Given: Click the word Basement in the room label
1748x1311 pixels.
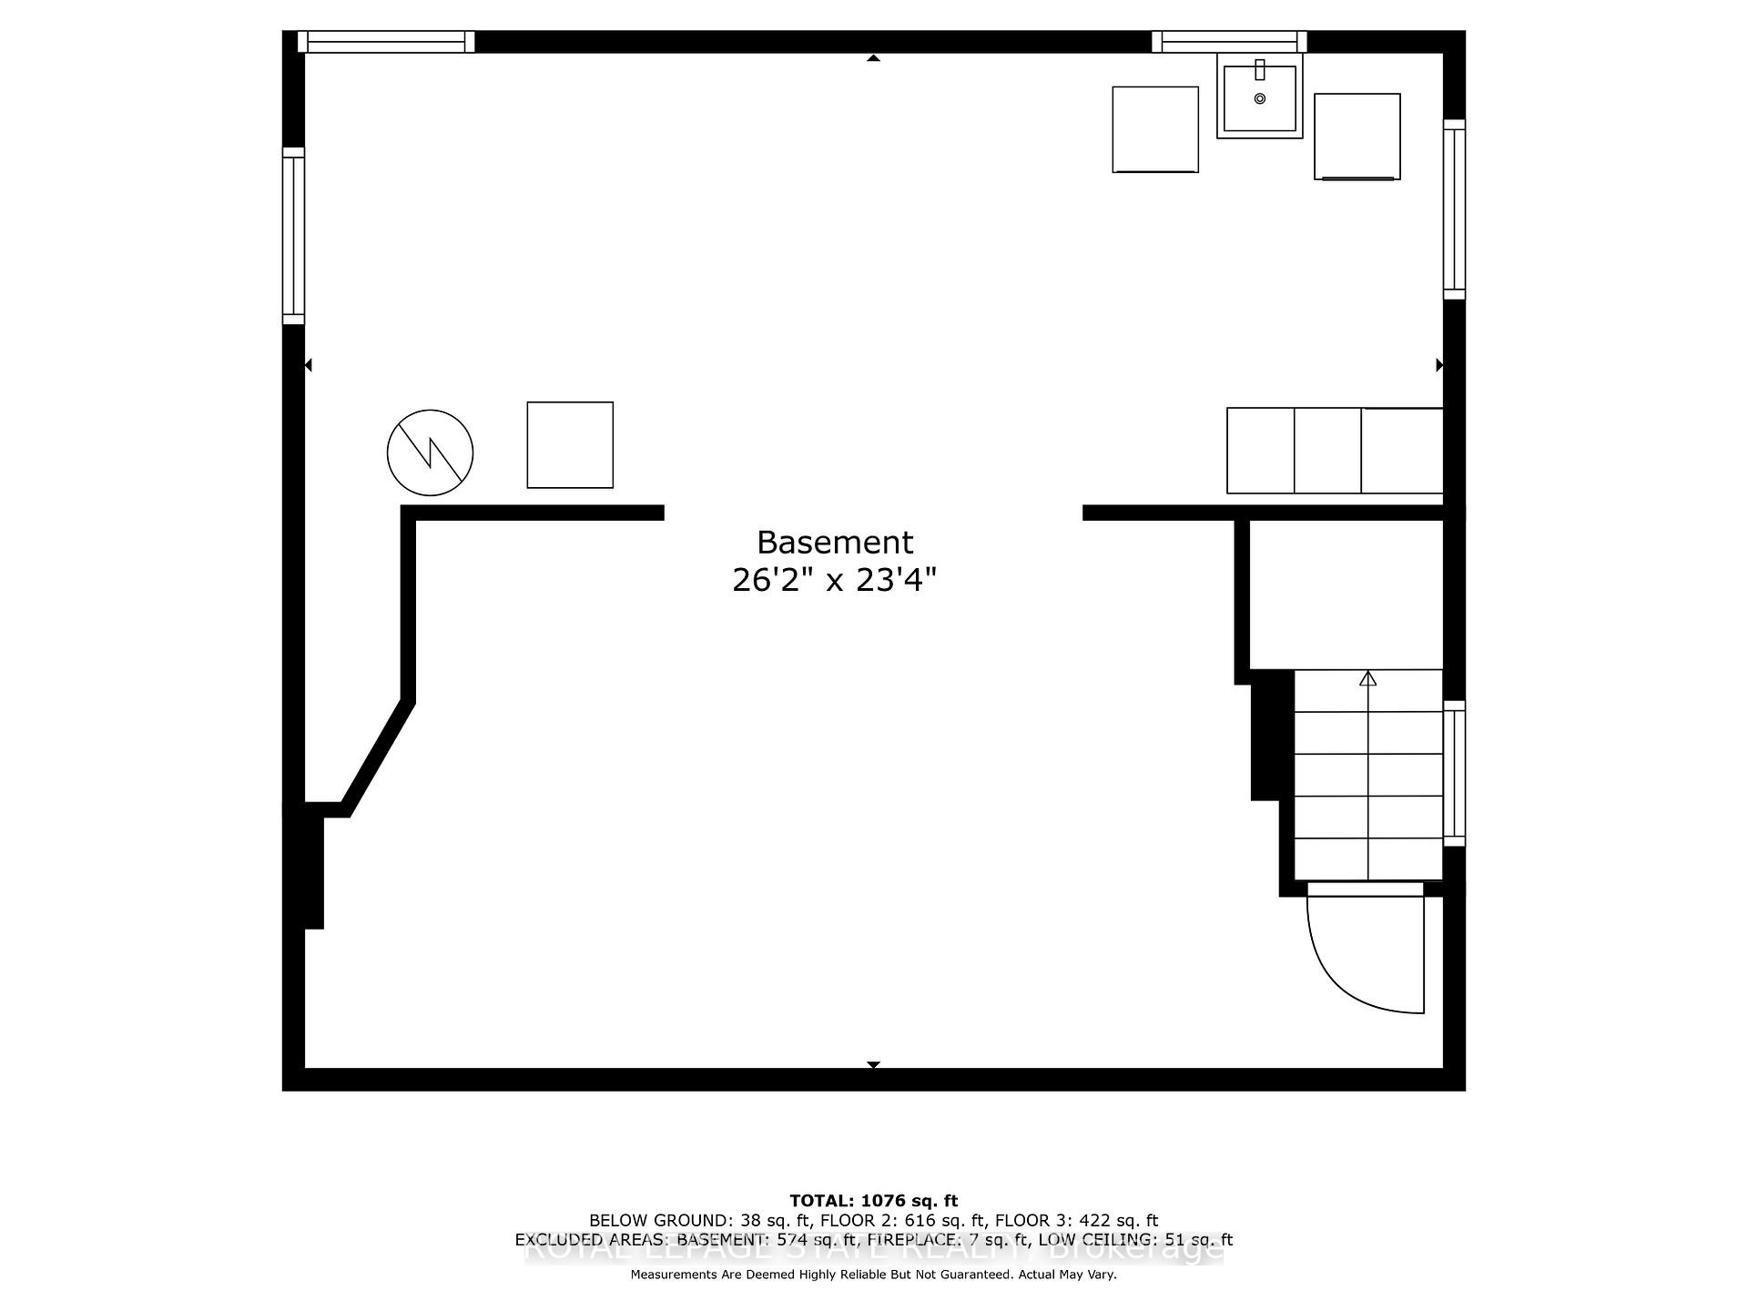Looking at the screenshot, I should pos(835,543).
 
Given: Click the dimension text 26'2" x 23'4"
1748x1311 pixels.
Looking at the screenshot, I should pos(834,580).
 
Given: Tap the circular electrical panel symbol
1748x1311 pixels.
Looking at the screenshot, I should pos(430,452).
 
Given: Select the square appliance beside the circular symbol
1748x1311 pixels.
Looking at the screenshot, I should pos(570,445).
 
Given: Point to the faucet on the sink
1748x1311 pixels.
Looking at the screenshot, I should pos(1260,69).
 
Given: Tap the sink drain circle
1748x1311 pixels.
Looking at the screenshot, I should pos(1260,98).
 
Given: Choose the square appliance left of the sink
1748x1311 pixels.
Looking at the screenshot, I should pos(1155,129).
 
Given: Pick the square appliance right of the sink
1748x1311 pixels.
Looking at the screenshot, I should pos(1357,137).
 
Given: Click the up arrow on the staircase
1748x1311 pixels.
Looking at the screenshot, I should pos(1367,678).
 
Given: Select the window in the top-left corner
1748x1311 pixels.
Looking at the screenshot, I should pos(387,42).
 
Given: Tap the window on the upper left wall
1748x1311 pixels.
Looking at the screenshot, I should pos(293,236).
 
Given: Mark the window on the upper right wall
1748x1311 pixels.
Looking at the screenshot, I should pos(1454,209).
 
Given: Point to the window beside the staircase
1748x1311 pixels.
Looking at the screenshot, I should pos(1454,774).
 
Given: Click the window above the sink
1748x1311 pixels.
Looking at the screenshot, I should pos(1229,42).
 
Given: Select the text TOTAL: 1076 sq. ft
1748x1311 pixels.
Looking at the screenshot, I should pos(873,1201).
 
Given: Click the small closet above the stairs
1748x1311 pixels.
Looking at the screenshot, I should pos(1346,595).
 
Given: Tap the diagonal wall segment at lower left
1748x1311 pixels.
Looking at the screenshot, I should pos(377,756).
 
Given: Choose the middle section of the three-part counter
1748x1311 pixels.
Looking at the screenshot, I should pos(1327,451).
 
